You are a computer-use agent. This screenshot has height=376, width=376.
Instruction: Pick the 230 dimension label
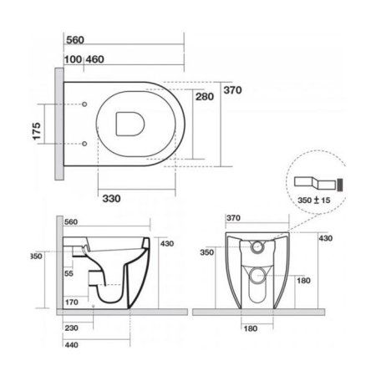pyautogui.click(x=72, y=328)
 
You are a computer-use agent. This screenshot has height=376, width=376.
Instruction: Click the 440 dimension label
pyautogui.click(x=72, y=343)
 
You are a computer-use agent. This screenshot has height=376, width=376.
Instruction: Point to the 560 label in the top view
pyautogui.click(x=75, y=38)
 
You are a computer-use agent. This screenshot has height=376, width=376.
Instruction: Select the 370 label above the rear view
pyautogui.click(x=234, y=220)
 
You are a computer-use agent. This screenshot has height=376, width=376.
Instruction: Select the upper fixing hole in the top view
pyautogui.click(x=87, y=104)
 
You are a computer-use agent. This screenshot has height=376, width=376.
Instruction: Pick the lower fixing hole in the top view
pyautogui.click(x=87, y=144)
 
